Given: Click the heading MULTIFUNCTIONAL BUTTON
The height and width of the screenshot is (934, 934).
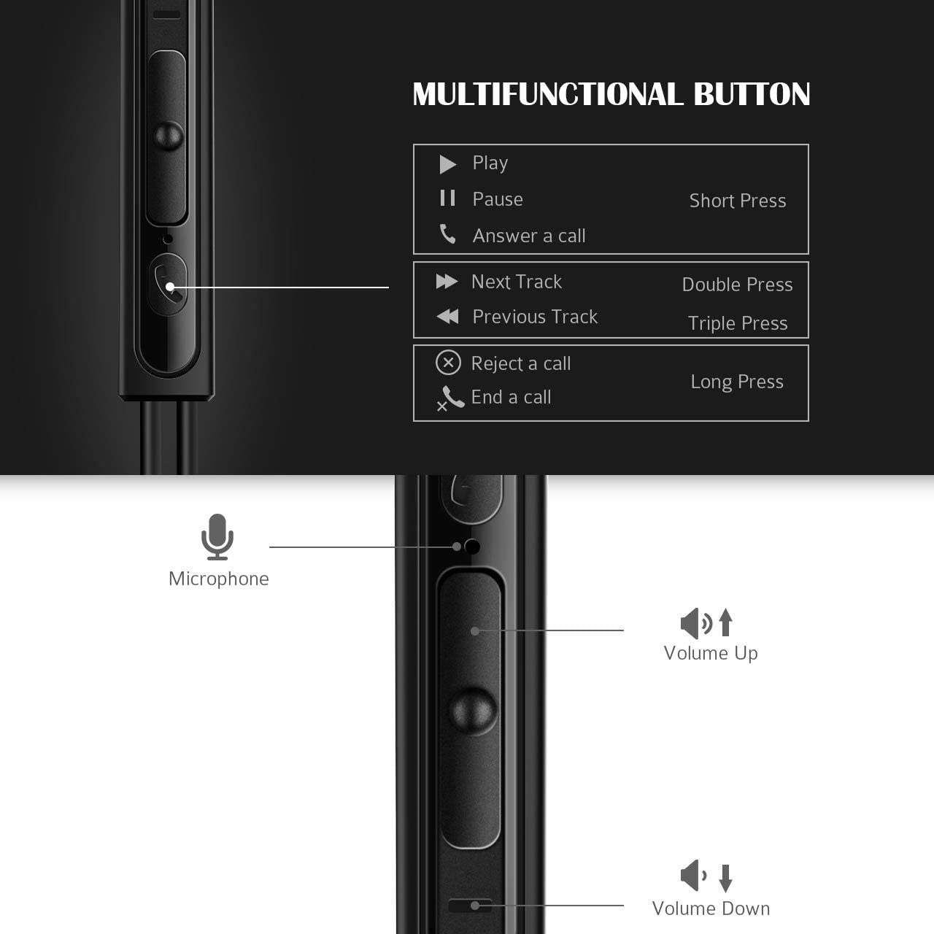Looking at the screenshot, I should point(611,94).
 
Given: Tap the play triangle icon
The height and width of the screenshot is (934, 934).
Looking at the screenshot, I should point(447,164).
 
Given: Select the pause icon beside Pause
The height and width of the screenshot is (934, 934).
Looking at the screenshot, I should point(447,198).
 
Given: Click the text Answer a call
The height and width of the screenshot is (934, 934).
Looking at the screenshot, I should point(529,236).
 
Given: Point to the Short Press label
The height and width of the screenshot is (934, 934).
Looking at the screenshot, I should point(738,201).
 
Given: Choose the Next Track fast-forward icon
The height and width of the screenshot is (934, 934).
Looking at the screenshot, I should point(447,282).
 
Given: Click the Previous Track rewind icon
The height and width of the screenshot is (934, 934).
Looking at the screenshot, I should point(447,316).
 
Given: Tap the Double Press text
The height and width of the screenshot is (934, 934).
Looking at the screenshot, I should point(737,285).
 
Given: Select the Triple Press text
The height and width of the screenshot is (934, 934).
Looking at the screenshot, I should point(738,323).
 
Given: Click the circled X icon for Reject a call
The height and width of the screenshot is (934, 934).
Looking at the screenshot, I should point(448,363).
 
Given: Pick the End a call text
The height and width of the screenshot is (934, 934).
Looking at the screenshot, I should point(511,397).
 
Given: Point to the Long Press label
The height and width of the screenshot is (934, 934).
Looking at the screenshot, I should point(737,382).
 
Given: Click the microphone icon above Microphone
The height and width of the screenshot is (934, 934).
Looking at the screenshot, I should point(217,536).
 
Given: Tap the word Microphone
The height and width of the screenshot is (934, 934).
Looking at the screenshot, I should point(219,579).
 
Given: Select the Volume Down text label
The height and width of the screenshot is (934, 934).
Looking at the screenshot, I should point(711,908).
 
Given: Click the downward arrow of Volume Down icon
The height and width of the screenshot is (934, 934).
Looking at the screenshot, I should point(725,878).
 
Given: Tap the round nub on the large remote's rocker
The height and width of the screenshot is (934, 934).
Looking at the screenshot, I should point(473,710).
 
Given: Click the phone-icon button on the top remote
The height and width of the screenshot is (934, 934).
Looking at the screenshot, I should point(168,285).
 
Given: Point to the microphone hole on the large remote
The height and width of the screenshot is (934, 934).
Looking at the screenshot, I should point(472,546).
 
